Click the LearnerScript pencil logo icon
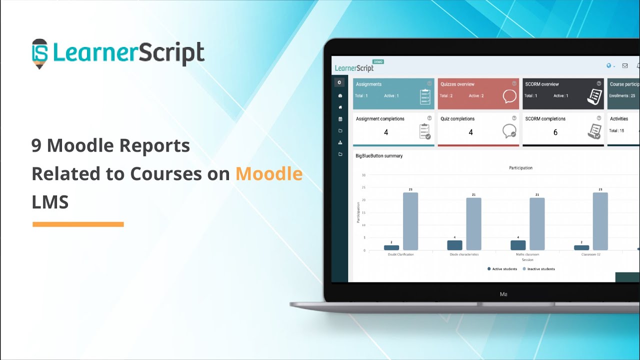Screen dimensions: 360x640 point(40,53)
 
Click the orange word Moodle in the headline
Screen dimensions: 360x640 point(269,174)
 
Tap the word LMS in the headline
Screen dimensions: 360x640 point(50,202)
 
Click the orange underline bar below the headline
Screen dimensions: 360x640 point(78,224)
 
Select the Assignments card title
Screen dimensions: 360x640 point(368,84)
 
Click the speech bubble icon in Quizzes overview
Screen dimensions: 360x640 point(509,96)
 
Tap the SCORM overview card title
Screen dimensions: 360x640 point(541,84)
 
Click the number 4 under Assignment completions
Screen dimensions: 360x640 point(386,132)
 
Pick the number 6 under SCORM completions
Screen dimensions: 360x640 point(555,132)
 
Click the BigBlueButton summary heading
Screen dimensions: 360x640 point(378,156)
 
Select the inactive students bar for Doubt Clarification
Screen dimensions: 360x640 point(410,221)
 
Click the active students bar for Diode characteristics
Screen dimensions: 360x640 point(454,245)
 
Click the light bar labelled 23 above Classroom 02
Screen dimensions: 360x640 point(600,221)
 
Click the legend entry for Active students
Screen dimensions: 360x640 point(502,269)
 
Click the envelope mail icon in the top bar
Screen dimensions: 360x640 point(624,65)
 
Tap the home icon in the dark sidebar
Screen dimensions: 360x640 point(340,107)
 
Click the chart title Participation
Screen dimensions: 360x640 point(520,168)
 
